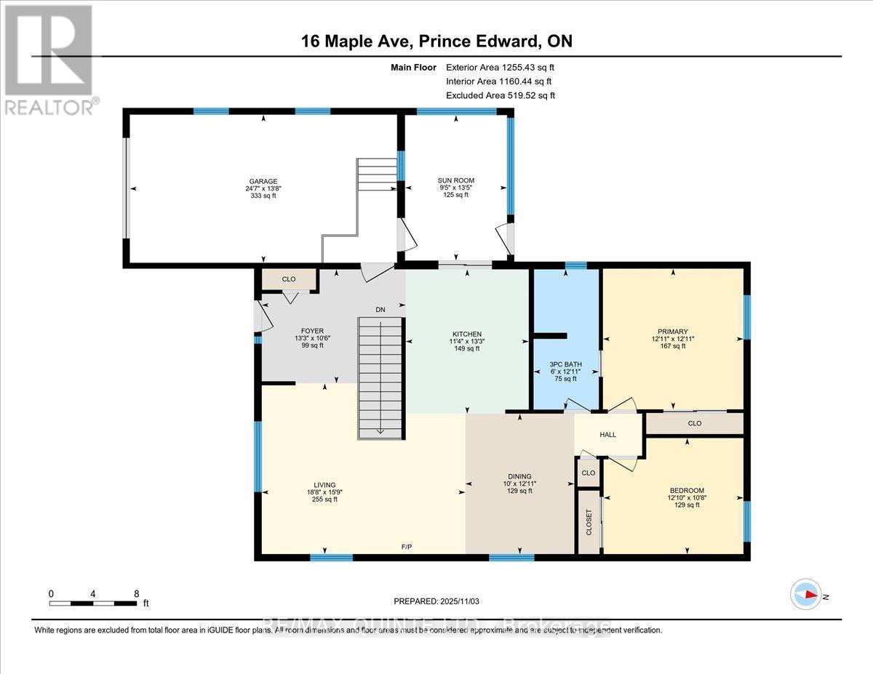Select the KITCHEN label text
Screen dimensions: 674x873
466,334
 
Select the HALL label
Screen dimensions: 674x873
607,435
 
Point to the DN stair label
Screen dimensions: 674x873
380,310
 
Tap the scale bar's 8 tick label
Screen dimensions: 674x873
136,593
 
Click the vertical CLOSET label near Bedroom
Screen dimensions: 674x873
589,522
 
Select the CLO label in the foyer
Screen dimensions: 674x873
289,278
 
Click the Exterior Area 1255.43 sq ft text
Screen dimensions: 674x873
504,67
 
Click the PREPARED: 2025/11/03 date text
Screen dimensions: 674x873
436,601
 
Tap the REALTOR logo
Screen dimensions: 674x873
49,58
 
